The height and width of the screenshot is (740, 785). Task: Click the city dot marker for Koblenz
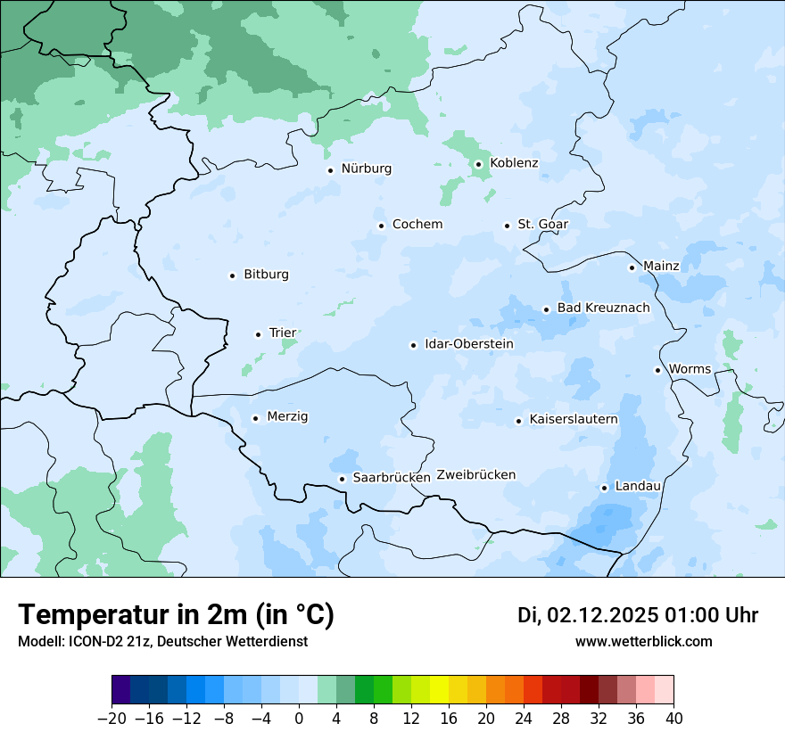tap(478, 164)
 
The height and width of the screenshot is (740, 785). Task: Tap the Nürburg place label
tap(366, 169)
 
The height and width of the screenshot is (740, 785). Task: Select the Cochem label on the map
tap(417, 225)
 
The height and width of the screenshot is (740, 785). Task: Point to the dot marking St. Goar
tap(507, 226)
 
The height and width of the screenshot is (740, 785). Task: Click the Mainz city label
tap(661, 267)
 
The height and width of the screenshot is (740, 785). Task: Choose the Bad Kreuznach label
tap(603, 308)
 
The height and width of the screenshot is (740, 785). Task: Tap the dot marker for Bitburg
tap(232, 275)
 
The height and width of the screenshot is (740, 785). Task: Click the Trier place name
tap(282, 333)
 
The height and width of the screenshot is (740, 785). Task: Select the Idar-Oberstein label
tap(469, 344)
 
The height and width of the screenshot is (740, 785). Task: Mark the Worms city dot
tap(657, 370)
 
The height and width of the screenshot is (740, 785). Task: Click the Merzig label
tap(287, 417)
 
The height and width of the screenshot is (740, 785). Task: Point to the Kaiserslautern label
tap(573, 419)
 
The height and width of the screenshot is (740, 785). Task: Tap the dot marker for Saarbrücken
tap(342, 479)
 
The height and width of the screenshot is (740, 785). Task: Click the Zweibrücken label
tap(475, 475)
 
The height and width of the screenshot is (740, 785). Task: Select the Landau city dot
tap(604, 488)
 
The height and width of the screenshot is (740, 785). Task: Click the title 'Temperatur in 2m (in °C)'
tap(177, 615)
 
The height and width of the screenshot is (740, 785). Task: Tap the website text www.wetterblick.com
tap(643, 641)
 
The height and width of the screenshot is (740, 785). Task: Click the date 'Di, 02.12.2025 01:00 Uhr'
tap(638, 615)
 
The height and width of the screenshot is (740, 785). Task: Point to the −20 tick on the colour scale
tap(112, 719)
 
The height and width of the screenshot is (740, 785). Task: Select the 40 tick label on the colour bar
tap(673, 719)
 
